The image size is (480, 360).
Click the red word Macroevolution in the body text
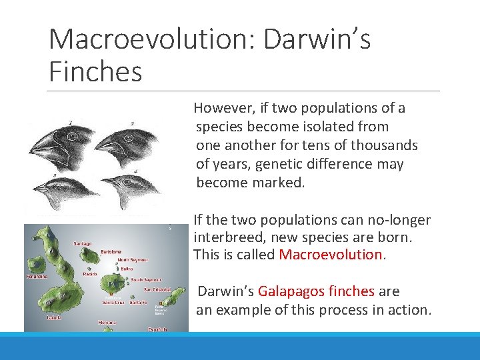pos(329,255)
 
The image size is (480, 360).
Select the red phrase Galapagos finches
pos(316,291)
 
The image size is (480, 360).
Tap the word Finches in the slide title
pos(96,71)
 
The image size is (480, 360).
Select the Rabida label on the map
pos(91,273)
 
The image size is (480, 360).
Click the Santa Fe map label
pos(138,303)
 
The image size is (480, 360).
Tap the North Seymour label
pos(133,260)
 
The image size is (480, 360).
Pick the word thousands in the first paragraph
pos(387,145)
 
